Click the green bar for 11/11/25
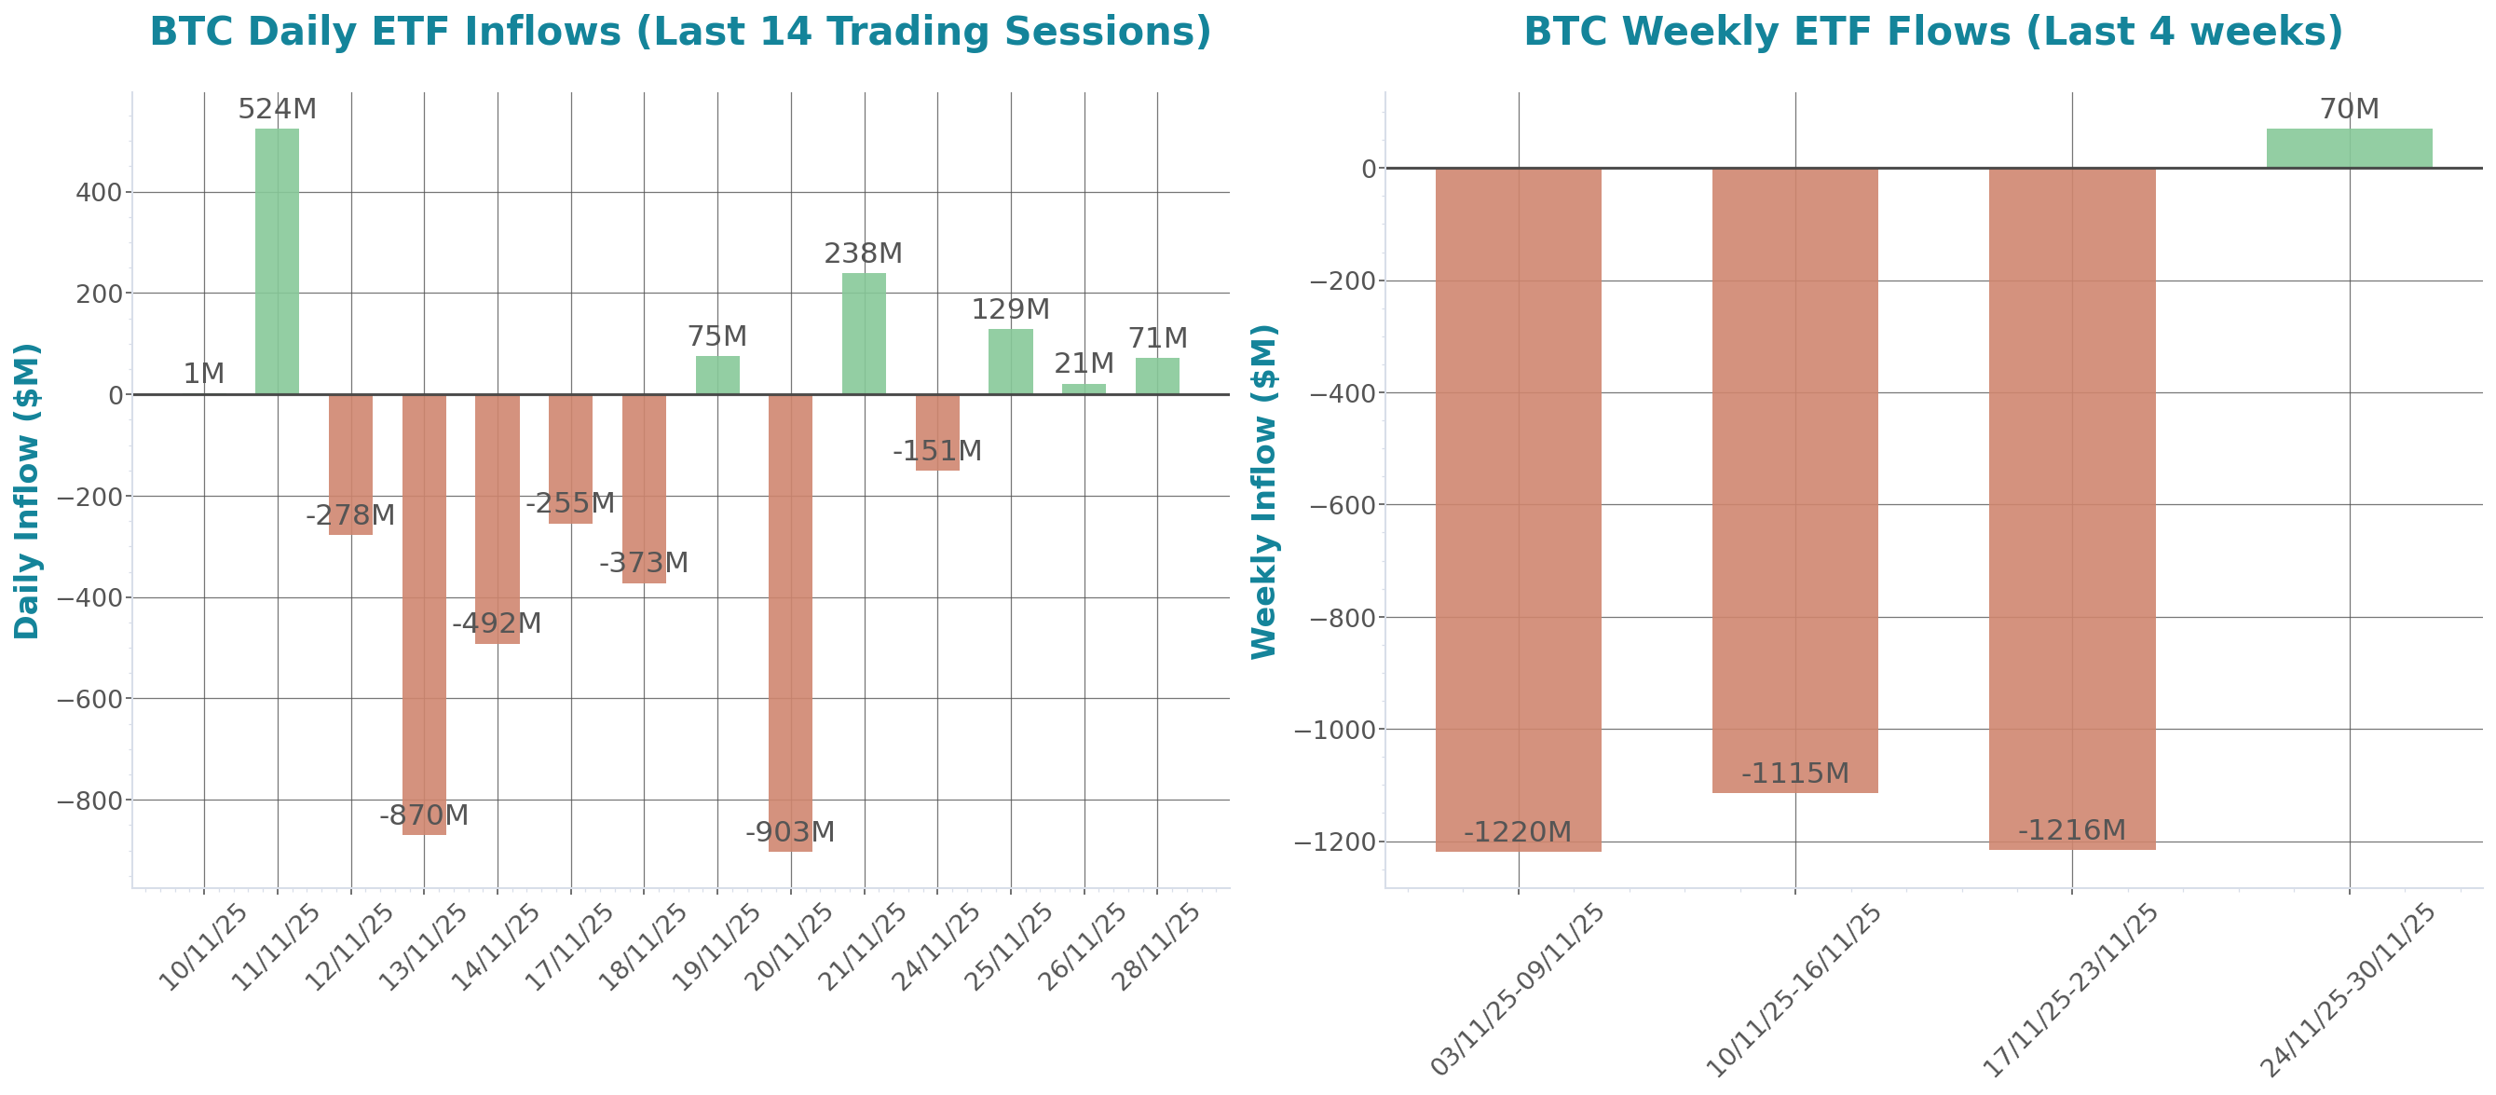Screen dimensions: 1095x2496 tap(277, 261)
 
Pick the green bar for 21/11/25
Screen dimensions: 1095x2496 tap(864, 334)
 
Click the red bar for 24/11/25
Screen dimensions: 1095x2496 tap(937, 432)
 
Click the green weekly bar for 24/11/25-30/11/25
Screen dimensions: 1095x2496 tap(2349, 148)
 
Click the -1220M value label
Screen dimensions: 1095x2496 tap(1518, 831)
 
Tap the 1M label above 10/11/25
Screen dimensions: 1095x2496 tap(203, 373)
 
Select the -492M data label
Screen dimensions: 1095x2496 tap(498, 623)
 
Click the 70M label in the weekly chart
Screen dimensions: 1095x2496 tap(2349, 108)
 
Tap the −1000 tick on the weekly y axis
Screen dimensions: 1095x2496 tap(1342, 730)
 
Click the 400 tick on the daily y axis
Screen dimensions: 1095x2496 tap(100, 193)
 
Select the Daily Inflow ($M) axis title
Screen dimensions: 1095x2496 tap(27, 490)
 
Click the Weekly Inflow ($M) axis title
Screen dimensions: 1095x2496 tap(1264, 490)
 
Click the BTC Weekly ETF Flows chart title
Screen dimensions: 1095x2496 tap(1932, 31)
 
